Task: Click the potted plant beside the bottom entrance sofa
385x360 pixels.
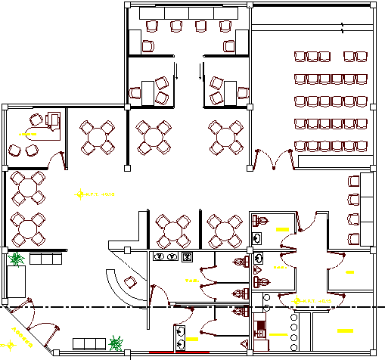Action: [x=116, y=343]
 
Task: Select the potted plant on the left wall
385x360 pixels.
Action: [x=15, y=259]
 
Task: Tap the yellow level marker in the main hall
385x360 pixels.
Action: [x=79, y=195]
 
